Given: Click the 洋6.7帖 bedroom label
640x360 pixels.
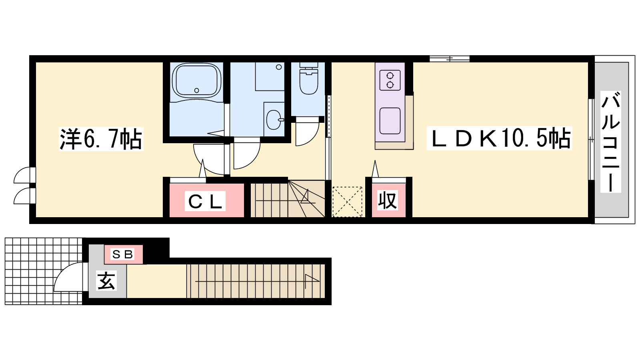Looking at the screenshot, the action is [x=101, y=139].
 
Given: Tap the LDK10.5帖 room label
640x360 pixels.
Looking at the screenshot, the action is [x=499, y=138].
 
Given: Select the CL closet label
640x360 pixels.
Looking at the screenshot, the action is [x=205, y=201].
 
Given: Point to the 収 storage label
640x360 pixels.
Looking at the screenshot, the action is [x=388, y=200].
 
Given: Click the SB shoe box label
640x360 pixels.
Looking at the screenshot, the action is [x=123, y=254].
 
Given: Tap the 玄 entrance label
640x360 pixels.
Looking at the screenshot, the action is [x=106, y=280].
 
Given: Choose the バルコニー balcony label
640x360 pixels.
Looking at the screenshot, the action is [x=610, y=142].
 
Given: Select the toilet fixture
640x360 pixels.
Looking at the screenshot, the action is [x=308, y=78].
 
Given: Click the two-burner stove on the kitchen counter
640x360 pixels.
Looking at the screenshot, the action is [x=390, y=80].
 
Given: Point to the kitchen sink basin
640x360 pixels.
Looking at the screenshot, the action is [x=390, y=121].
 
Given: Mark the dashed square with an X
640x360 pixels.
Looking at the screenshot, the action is [x=347, y=202].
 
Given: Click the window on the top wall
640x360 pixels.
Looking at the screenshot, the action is [x=450, y=59].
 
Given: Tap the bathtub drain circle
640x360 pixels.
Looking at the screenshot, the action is [x=196, y=90].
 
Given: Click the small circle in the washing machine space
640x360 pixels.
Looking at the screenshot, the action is [x=279, y=67].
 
